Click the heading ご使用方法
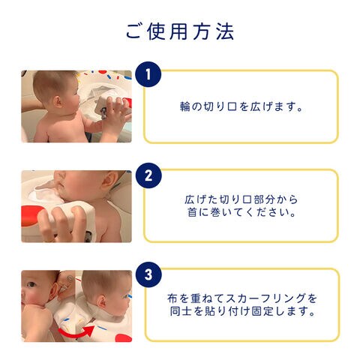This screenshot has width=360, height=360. pos(180,31)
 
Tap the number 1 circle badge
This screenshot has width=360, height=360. pos(148,74)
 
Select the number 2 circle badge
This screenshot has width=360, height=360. pos(148,175)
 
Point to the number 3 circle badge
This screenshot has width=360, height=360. pos(148,274)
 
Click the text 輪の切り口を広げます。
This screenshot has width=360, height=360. pos(241,106)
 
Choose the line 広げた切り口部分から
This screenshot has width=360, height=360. pos(241,199)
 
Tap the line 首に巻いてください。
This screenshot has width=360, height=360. pos(241,212)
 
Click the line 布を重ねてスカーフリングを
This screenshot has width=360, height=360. pos(242,298)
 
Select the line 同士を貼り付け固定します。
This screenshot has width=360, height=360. pos(242,311)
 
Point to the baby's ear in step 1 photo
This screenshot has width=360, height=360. pos(58,102)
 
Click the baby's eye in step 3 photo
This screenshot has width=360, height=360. pos(31,285)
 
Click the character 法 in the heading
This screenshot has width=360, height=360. pos(225,31)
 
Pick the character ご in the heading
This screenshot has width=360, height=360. pos(133,32)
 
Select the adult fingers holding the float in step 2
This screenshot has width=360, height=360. pos(62,223)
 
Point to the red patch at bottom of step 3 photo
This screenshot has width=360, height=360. pos(123,338)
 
